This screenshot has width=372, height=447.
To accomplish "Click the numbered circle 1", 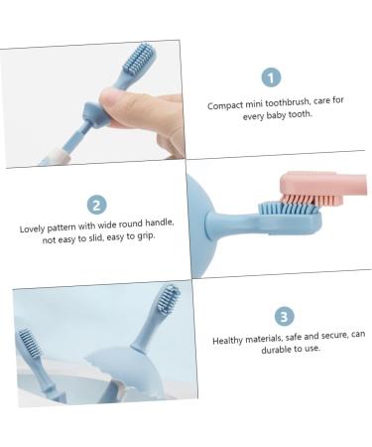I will (x=272, y=76).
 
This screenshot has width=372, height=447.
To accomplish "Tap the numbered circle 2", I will (x=96, y=205).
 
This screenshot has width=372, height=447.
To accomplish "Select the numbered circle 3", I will (x=284, y=316).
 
